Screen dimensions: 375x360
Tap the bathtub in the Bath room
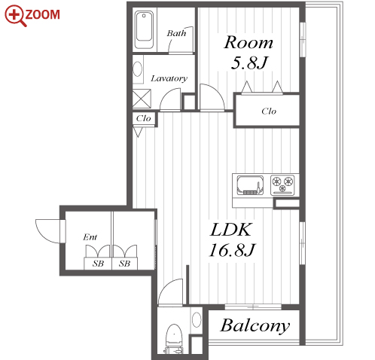click(x=144, y=30)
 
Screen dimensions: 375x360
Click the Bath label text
click(x=176, y=33)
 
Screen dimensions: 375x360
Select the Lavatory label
click(x=169, y=78)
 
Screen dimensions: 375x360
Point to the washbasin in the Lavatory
click(x=138, y=69)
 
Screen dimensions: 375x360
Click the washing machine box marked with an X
click(x=142, y=99)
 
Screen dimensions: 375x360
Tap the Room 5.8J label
click(x=248, y=53)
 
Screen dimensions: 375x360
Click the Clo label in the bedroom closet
click(x=269, y=111)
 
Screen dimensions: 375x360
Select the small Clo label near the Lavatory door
click(x=143, y=118)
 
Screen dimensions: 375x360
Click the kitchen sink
click(x=250, y=185)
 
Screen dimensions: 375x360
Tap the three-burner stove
click(x=283, y=185)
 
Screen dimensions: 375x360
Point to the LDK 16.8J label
click(x=231, y=239)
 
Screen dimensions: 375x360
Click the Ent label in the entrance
click(x=90, y=237)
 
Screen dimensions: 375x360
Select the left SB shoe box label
click(x=98, y=264)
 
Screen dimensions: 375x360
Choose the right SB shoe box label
click(x=124, y=264)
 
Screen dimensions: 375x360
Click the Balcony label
click(x=255, y=326)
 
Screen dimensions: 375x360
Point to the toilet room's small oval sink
click(x=197, y=319)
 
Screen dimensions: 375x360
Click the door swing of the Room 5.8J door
click(x=216, y=92)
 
